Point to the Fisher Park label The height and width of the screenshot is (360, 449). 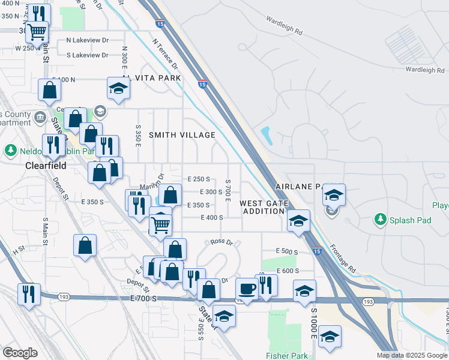tap(288, 356)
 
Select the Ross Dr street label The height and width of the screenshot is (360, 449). tap(221, 242)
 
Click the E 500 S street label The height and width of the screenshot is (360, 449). tap(287, 251)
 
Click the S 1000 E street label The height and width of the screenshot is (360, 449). tap(313, 327)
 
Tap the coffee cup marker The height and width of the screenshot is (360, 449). tap(246, 288)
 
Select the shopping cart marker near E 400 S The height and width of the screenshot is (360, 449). tap(160, 225)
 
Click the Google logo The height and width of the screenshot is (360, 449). tap(20, 353)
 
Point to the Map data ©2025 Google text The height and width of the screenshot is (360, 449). tap(411, 355)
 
